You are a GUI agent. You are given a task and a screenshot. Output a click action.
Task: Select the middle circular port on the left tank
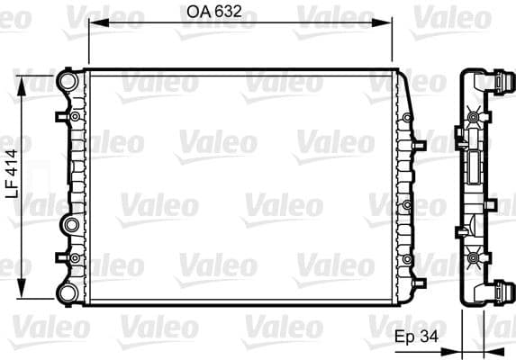pyautogui.click(x=69, y=223)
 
